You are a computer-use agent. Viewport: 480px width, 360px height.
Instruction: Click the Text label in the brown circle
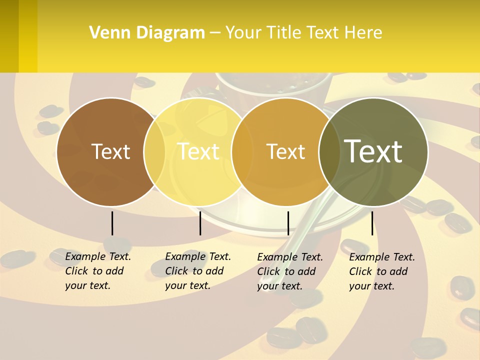tap(110, 152)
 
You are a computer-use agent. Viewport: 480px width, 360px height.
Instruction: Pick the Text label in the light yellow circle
tap(198, 152)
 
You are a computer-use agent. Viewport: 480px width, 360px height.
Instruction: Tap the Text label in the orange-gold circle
tap(285, 152)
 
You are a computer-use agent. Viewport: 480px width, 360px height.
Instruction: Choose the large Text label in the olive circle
tap(373, 152)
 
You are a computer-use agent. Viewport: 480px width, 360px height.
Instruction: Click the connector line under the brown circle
tap(112, 223)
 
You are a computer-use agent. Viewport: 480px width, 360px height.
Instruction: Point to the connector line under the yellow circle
tap(200, 223)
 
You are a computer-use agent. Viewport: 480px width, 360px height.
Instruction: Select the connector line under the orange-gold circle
tap(288, 223)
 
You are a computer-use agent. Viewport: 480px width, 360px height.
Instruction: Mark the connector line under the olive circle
tap(372, 223)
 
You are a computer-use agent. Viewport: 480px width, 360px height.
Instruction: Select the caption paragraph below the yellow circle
tap(197, 271)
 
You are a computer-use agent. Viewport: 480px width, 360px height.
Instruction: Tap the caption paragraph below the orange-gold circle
tap(289, 271)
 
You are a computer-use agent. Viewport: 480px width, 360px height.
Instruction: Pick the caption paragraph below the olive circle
tap(381, 271)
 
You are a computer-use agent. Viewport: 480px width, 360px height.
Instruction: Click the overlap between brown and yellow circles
tap(154, 152)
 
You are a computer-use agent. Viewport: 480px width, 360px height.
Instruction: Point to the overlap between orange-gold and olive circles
tap(330, 152)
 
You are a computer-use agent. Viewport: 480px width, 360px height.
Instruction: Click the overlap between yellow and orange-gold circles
tap(242, 152)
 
